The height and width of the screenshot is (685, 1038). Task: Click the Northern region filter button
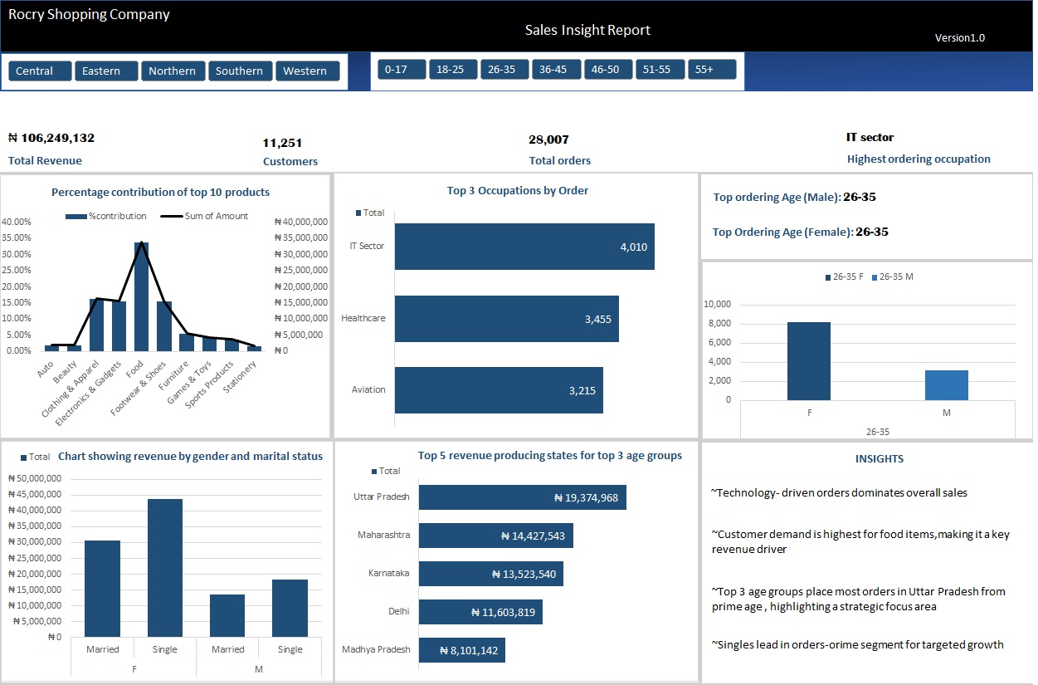click(x=173, y=71)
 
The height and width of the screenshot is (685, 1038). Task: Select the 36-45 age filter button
click(x=553, y=70)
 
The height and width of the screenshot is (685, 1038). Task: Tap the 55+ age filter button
click(x=712, y=70)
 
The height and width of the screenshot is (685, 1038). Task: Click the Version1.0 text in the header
click(x=960, y=37)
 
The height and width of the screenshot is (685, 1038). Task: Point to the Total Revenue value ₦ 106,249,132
click(x=51, y=138)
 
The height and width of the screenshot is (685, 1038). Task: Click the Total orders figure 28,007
click(x=548, y=139)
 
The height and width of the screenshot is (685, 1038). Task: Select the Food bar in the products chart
click(x=141, y=296)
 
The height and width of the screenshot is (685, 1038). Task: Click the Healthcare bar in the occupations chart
click(x=506, y=319)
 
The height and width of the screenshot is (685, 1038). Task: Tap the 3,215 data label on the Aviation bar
click(x=582, y=390)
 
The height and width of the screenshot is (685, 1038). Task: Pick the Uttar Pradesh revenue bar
click(x=522, y=497)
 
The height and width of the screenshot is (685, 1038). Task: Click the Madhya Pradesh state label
click(x=376, y=649)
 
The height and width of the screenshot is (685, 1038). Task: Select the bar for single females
click(x=165, y=569)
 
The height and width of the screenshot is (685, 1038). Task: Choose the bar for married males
click(x=227, y=615)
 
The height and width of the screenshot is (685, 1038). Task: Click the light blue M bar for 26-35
click(x=947, y=384)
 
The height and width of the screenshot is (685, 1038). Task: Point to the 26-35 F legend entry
click(x=845, y=276)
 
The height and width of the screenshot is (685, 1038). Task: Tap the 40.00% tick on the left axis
click(x=17, y=222)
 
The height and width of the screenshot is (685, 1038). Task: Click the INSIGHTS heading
click(x=880, y=458)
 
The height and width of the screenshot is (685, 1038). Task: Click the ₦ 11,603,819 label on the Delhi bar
click(x=504, y=613)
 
